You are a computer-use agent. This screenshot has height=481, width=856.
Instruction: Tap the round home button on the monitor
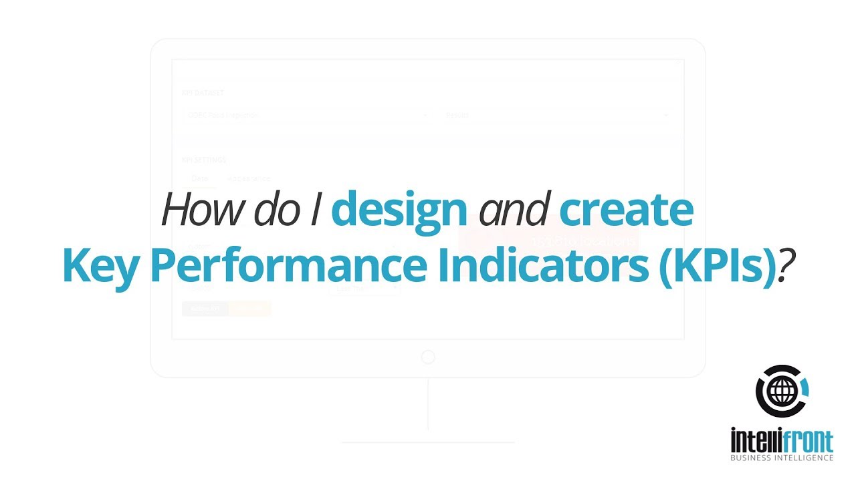coord(428,357)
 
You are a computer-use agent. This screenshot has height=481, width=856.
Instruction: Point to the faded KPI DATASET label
coord(202,93)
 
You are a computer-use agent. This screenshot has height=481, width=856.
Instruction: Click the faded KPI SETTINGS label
coord(204,160)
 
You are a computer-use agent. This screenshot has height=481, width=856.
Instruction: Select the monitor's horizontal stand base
coord(428,442)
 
